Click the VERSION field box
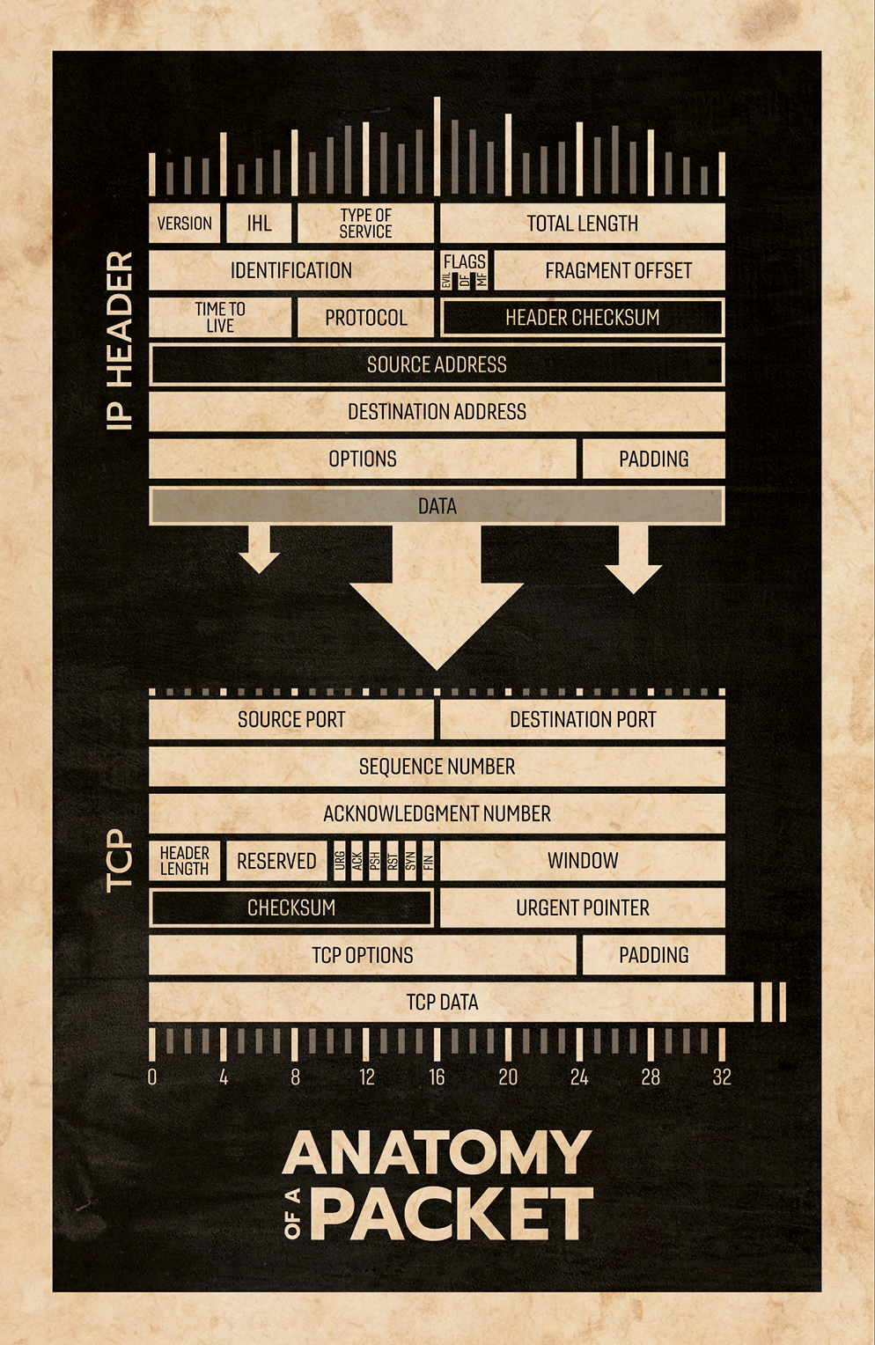[184, 224]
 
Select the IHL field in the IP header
[259, 224]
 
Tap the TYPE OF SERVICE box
[365, 224]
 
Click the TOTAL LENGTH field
[582, 224]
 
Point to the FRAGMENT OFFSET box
[618, 270]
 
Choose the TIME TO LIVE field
[220, 317]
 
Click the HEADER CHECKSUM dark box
[582, 318]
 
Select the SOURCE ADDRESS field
[437, 364]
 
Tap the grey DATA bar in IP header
[437, 506]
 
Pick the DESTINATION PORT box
[583, 719]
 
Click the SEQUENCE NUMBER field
[437, 767]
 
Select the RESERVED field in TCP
[276, 861]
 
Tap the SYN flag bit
[411, 861]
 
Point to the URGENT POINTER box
[582, 908]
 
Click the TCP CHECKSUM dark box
[291, 908]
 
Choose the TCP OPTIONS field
[362, 955]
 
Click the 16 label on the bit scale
[437, 1077]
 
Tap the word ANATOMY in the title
[437, 1153]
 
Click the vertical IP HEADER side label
[120, 341]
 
